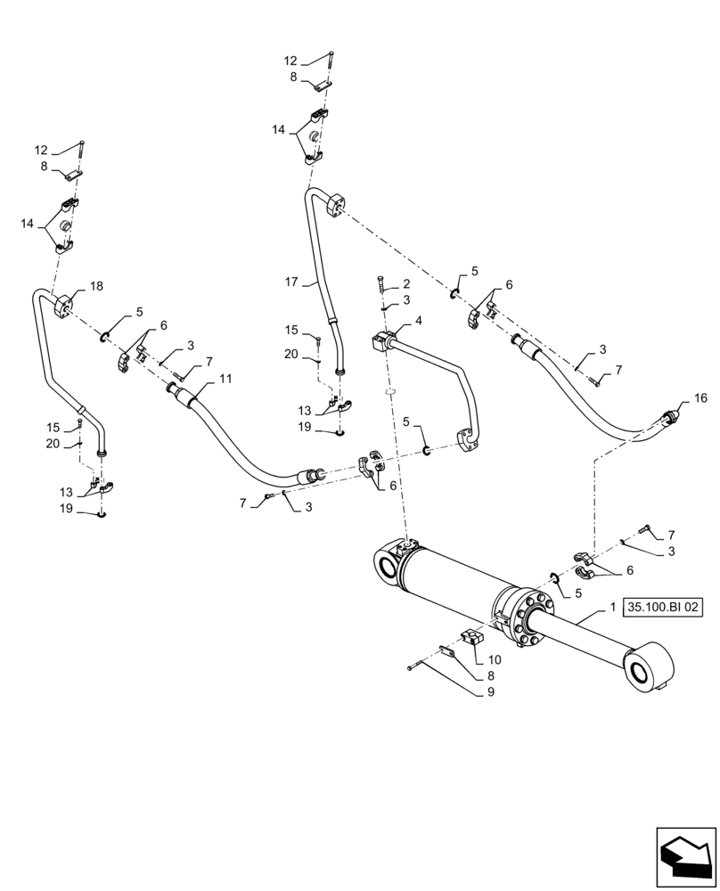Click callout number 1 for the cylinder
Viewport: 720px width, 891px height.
coord(613,607)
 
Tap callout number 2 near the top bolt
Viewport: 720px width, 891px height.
coord(405,283)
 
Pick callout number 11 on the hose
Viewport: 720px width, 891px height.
coord(225,378)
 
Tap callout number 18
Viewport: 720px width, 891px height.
coord(95,286)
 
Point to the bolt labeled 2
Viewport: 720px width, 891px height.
coord(381,285)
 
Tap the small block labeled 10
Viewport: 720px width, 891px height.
coord(471,638)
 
